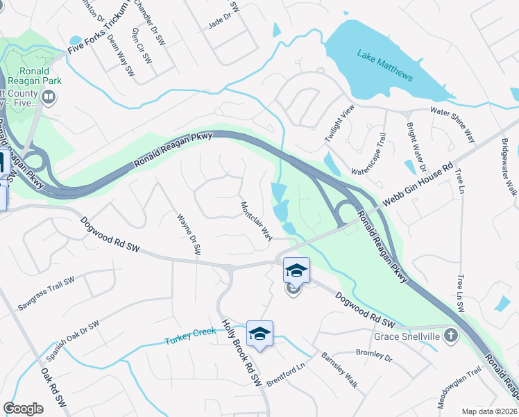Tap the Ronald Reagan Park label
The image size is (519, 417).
tap(31, 76)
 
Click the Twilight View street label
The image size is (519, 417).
tap(340, 124)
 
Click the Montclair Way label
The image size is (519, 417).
tap(255, 221)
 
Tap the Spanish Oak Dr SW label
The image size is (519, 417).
tap(73, 341)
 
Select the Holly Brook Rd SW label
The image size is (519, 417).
tap(240, 353)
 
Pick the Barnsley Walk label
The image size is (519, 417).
tap(339, 369)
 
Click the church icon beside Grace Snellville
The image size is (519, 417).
tap(451, 336)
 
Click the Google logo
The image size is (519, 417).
tap(24, 409)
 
